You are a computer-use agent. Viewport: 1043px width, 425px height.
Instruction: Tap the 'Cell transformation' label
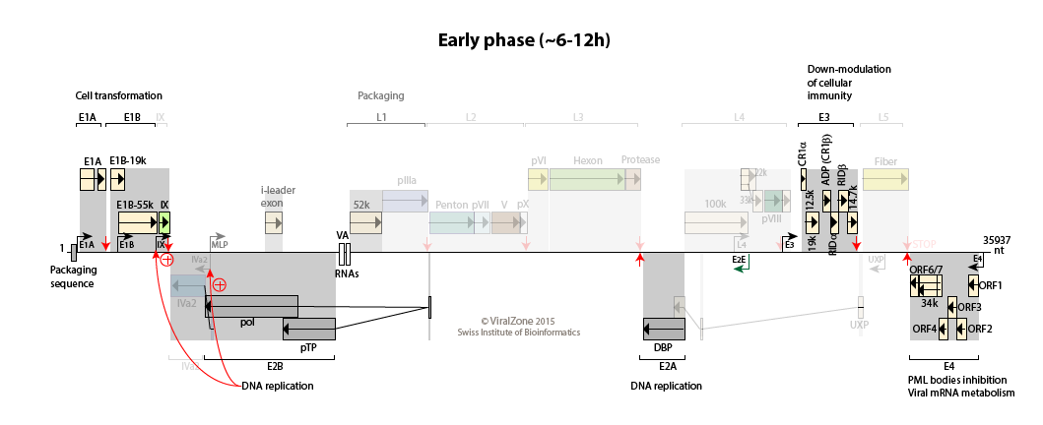(118, 95)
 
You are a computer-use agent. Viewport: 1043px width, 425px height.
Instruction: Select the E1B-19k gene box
(117, 179)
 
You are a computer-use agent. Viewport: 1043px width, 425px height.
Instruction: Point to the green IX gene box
(164, 223)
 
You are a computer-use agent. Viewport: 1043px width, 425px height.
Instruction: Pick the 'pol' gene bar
(251, 306)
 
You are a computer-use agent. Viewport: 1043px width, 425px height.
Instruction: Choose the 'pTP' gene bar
(308, 328)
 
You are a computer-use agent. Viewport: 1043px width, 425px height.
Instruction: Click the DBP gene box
(664, 328)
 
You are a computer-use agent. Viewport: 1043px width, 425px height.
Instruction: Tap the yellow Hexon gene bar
(587, 179)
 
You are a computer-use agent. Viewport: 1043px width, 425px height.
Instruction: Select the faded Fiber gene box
(885, 179)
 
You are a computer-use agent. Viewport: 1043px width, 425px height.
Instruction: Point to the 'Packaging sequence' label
(72, 276)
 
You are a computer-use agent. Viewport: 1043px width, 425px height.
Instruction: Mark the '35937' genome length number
(997, 239)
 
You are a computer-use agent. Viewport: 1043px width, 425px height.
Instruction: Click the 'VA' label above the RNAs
(343, 236)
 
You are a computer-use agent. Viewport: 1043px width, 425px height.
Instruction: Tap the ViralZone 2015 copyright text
(518, 321)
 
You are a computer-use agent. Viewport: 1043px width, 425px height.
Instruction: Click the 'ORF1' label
(990, 285)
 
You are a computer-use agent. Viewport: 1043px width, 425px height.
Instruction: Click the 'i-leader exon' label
(278, 196)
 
